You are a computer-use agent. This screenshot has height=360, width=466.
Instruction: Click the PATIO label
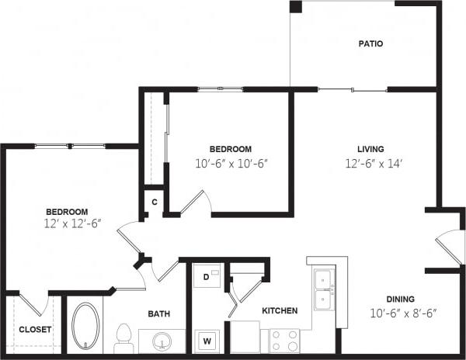[370, 44]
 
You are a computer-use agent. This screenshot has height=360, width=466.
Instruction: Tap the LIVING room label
[370, 149]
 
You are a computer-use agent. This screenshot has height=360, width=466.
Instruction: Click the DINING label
[402, 299]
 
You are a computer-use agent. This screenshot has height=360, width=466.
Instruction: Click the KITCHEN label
[280, 310]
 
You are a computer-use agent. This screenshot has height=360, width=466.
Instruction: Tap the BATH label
[159, 313]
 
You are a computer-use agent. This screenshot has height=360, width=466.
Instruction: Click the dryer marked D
[207, 276]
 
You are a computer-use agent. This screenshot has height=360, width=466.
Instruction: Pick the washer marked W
[207, 339]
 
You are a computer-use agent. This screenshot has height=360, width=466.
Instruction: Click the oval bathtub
[85, 324]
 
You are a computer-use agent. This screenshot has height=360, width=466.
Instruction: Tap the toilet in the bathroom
[122, 334]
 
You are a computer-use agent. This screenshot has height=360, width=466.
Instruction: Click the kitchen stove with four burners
[284, 340]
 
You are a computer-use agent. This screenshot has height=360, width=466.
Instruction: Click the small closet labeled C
[155, 202]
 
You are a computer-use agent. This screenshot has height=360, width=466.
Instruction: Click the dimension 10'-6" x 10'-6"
[231, 164]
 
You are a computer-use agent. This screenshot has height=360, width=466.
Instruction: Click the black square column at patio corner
[296, 7]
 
